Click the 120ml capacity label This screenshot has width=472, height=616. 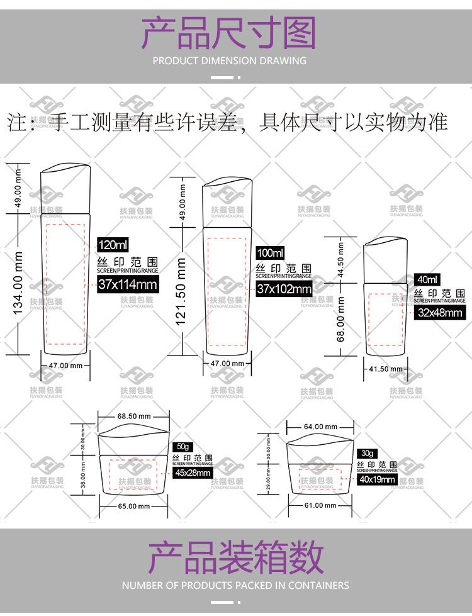coord(113,245)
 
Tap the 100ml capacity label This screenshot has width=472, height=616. coord(271,253)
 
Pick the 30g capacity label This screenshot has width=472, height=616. coord(367,453)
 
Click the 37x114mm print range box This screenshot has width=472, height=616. coord(128,284)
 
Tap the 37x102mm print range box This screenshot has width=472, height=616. coord(284,289)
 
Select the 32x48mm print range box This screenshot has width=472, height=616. coord(440,312)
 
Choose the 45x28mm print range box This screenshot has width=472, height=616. coord(193,473)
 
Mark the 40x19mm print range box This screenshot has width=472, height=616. coord(378,479)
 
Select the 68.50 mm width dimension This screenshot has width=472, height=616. coord(133,416)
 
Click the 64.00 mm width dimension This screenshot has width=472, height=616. coord(320,427)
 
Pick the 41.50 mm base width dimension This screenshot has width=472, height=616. coord(385,369)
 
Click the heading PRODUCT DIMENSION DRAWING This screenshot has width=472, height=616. coord(230,61)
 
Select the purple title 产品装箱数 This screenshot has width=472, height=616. coord(235,557)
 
